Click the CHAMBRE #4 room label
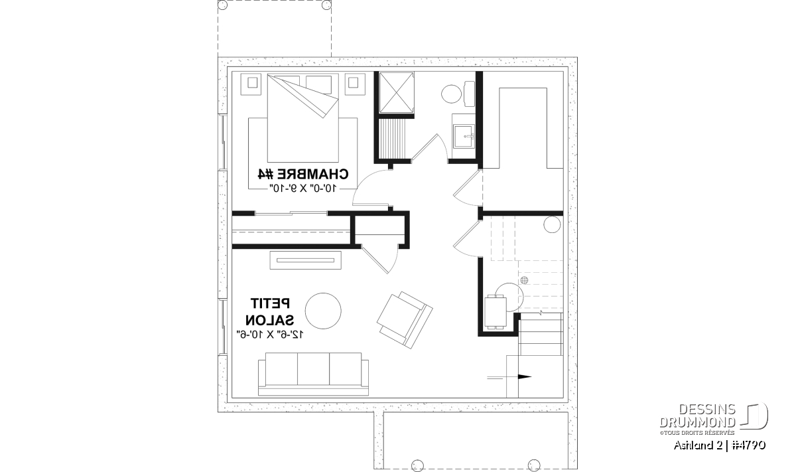coord(302,175)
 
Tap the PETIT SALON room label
coord(270,311)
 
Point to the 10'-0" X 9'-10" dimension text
coord(302,188)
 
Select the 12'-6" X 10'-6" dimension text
coord(270,335)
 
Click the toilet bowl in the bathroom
coord(452,94)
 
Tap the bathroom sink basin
coord(464,136)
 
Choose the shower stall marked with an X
coord(396,92)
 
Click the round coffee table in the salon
coord(323,311)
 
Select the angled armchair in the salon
coord(405,320)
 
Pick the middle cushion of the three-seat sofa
coord(313,369)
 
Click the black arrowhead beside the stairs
coord(525,377)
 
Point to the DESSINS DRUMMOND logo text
coord(698,416)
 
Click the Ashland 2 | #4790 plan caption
coord(720,445)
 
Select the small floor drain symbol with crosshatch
coord(524,280)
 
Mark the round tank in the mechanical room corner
coord(552,225)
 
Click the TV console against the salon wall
coord(306,260)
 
